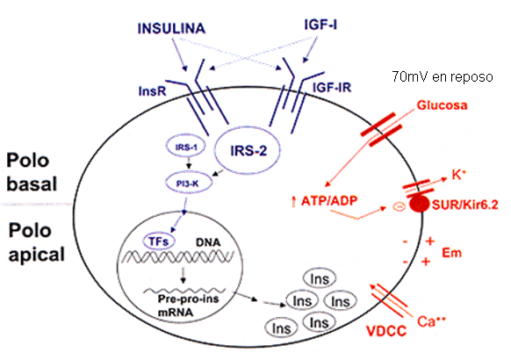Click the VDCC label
pyautogui.click(x=383, y=334)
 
